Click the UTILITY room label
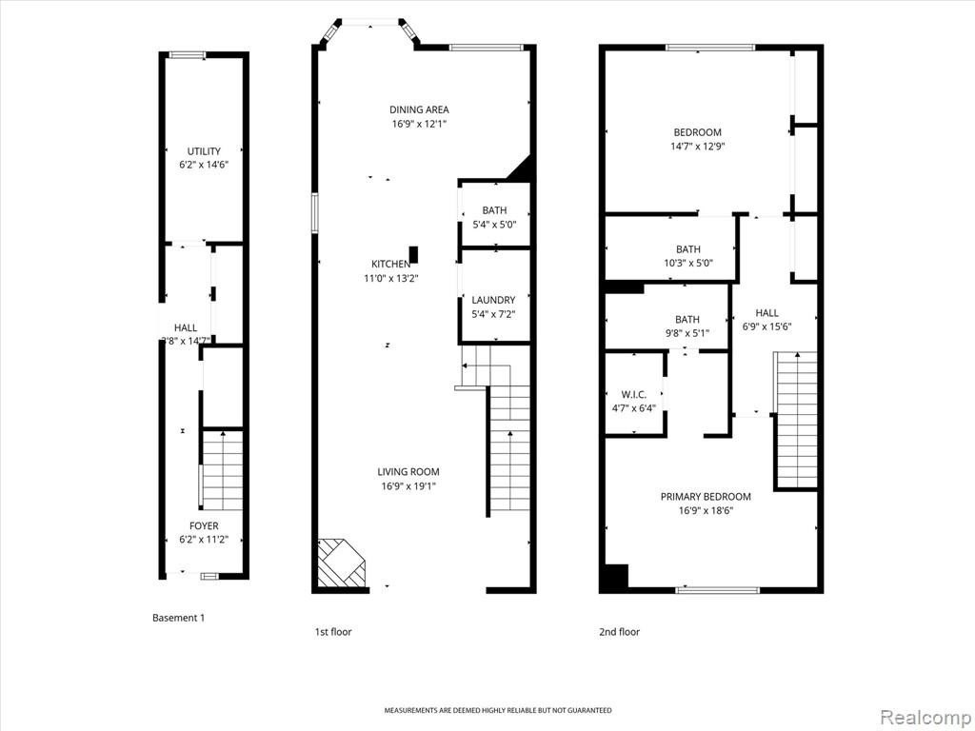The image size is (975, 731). [x=204, y=151]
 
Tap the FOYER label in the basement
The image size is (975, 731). [x=204, y=525]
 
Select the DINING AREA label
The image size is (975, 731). [x=419, y=109]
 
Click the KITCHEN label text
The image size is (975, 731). [x=390, y=265]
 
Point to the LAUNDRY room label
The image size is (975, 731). [x=493, y=300]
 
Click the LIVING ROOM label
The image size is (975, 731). [x=408, y=472]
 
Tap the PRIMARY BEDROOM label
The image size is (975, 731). [x=706, y=497]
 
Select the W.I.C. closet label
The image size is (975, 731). [x=633, y=395]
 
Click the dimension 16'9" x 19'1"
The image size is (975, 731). [x=408, y=486]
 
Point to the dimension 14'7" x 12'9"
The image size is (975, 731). [x=698, y=147]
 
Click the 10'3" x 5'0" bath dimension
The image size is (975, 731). [x=688, y=263]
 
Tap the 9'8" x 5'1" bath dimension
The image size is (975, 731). [x=687, y=333]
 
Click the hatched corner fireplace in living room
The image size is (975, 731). [x=341, y=563]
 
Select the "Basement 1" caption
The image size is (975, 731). [x=178, y=618]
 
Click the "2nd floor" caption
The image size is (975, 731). [x=619, y=632]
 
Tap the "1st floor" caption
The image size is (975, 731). [x=333, y=632]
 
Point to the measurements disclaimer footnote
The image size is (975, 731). [x=497, y=710]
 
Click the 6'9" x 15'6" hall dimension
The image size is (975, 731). [x=766, y=327]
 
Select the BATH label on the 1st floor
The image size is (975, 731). [x=494, y=210]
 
